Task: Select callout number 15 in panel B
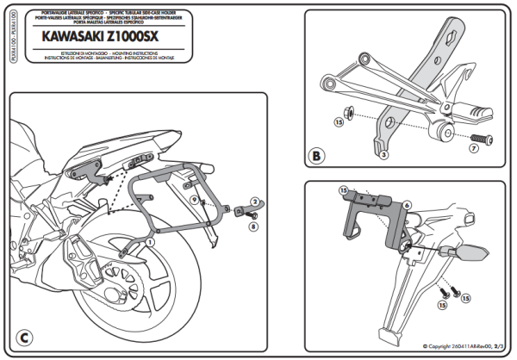coord(339,123)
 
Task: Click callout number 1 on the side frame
coord(150,244)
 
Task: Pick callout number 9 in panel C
coord(195,200)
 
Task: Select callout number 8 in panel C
coord(252,227)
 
